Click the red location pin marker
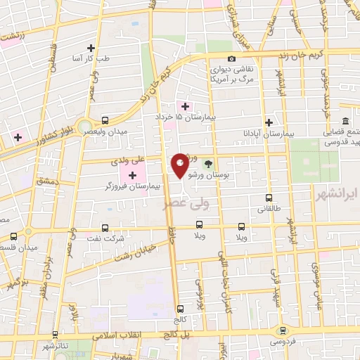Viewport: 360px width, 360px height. pyautogui.click(x=180, y=165)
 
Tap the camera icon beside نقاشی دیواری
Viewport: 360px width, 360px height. pyautogui.click(x=232, y=59)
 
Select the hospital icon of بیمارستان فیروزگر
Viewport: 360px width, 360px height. pyautogui.click(x=132, y=174)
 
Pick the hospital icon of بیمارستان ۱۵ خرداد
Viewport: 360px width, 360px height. pyautogui.click(x=185, y=106)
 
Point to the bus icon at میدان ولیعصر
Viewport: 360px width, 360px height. pyautogui.click(x=105, y=120)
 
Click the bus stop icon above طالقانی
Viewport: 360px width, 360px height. pyautogui.click(x=268, y=198)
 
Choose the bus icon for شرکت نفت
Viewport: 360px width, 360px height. pyautogui.click(x=105, y=228)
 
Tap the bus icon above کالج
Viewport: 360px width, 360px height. pyautogui.click(x=181, y=308)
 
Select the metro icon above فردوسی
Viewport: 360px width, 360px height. pyautogui.click(x=283, y=330)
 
